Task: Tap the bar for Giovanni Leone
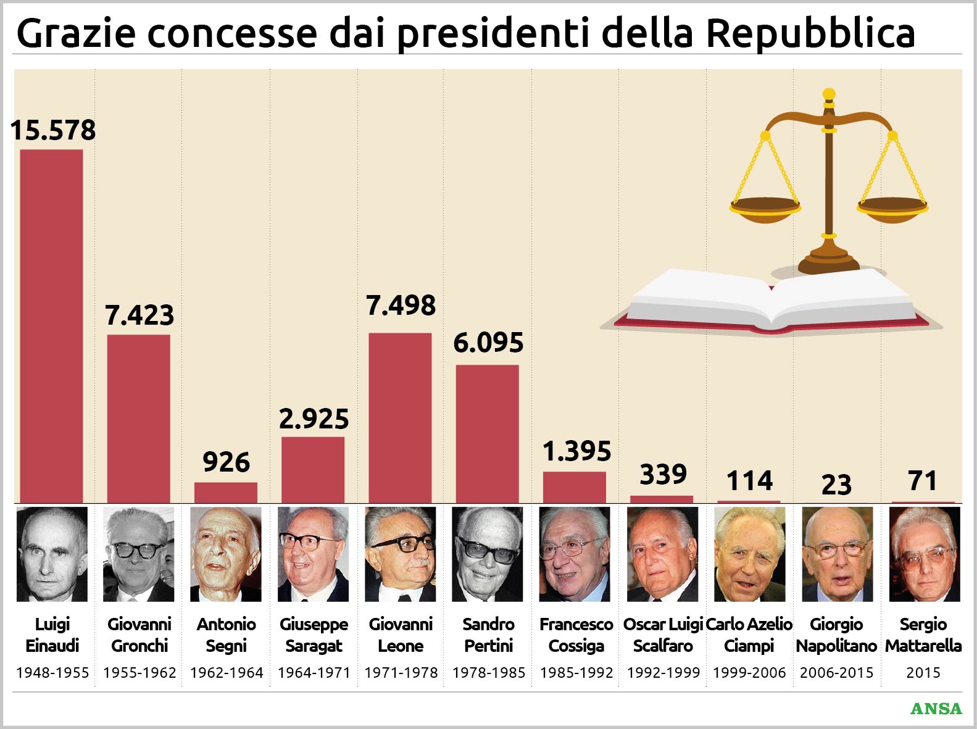pos(400,418)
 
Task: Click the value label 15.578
pos(53,130)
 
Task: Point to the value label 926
pos(226,462)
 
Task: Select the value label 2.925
pos(314,419)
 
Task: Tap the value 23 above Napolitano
pos(836,485)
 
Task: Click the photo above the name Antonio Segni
pos(226,554)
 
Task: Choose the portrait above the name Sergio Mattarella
pos(924,554)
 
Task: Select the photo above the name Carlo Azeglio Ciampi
pos(749,554)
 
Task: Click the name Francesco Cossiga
pos(576,635)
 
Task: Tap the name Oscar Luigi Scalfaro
pos(663,635)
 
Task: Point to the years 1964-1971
pos(314,672)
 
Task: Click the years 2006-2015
pos(836,672)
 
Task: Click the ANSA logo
pos(936,709)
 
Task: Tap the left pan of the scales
pos(765,209)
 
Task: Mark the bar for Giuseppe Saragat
pos(313,470)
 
